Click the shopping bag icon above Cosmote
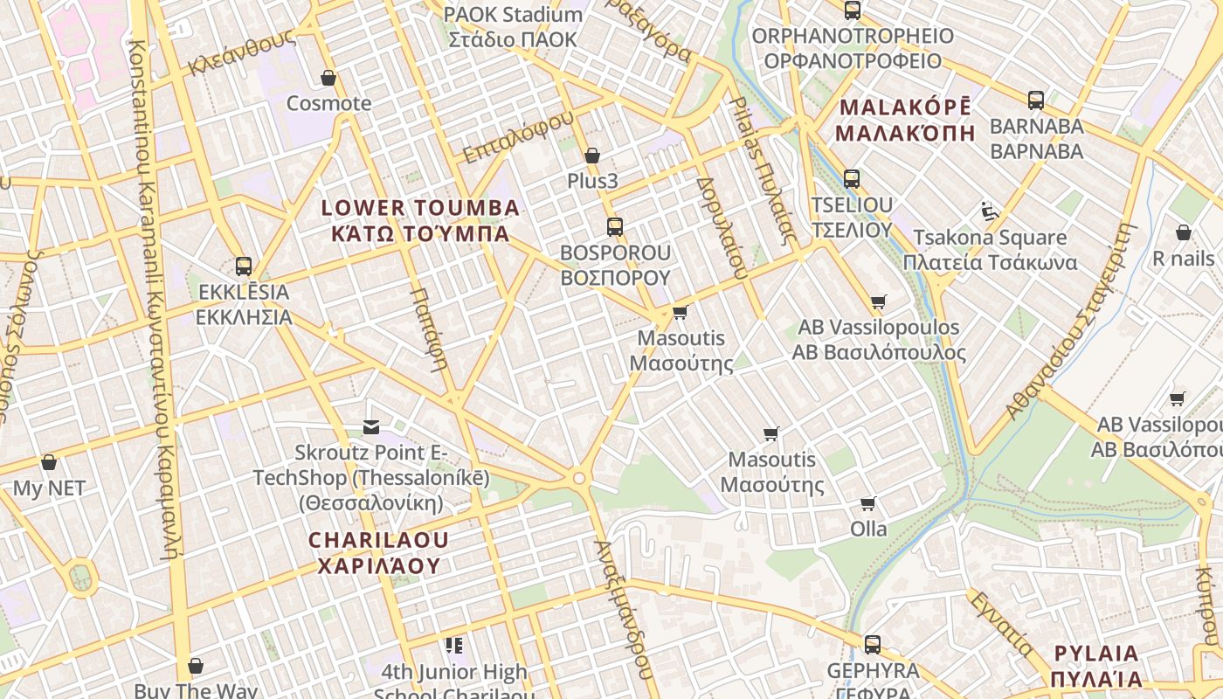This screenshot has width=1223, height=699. coord(328,79)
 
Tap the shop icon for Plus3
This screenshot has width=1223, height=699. coord(592,156)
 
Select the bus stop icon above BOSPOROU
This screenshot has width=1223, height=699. coord(615,227)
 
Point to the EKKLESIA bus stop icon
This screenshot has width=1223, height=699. coord(244,266)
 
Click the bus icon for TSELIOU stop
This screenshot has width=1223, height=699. coord(852,179)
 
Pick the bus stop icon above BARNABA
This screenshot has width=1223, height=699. coord(1036,100)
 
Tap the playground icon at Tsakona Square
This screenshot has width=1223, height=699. coord(989,211)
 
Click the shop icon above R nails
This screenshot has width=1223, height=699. coord(1184,232)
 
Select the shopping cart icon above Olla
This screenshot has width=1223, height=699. coord(868,503)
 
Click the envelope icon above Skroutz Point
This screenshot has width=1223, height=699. coord(371,427)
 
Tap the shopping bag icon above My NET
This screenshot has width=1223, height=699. coord(49,462)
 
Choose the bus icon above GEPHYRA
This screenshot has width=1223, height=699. coord(872,645)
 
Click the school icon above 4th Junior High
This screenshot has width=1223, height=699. coord(453,646)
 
